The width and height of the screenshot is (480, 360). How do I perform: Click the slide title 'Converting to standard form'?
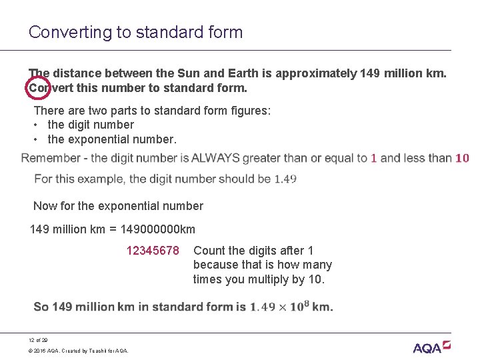pyautogui.click(x=135, y=32)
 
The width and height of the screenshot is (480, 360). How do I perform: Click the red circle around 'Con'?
pyautogui.click(x=37, y=87)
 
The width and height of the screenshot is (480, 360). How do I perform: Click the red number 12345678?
pyautogui.click(x=153, y=251)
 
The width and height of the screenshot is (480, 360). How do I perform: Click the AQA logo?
pyautogui.click(x=431, y=347)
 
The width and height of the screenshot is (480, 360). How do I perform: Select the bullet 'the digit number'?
pyautogui.click(x=91, y=125)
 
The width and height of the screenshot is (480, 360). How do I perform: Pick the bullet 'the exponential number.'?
pyautogui.click(x=112, y=139)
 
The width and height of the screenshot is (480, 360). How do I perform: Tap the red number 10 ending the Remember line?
pyautogui.click(x=462, y=158)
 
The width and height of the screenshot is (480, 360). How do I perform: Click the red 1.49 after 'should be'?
pyautogui.click(x=285, y=179)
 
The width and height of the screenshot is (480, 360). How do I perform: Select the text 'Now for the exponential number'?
pyautogui.click(x=118, y=206)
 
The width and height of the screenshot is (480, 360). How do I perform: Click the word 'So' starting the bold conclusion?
pyautogui.click(x=41, y=307)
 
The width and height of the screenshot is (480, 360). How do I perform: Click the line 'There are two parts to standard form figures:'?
pyautogui.click(x=152, y=110)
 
